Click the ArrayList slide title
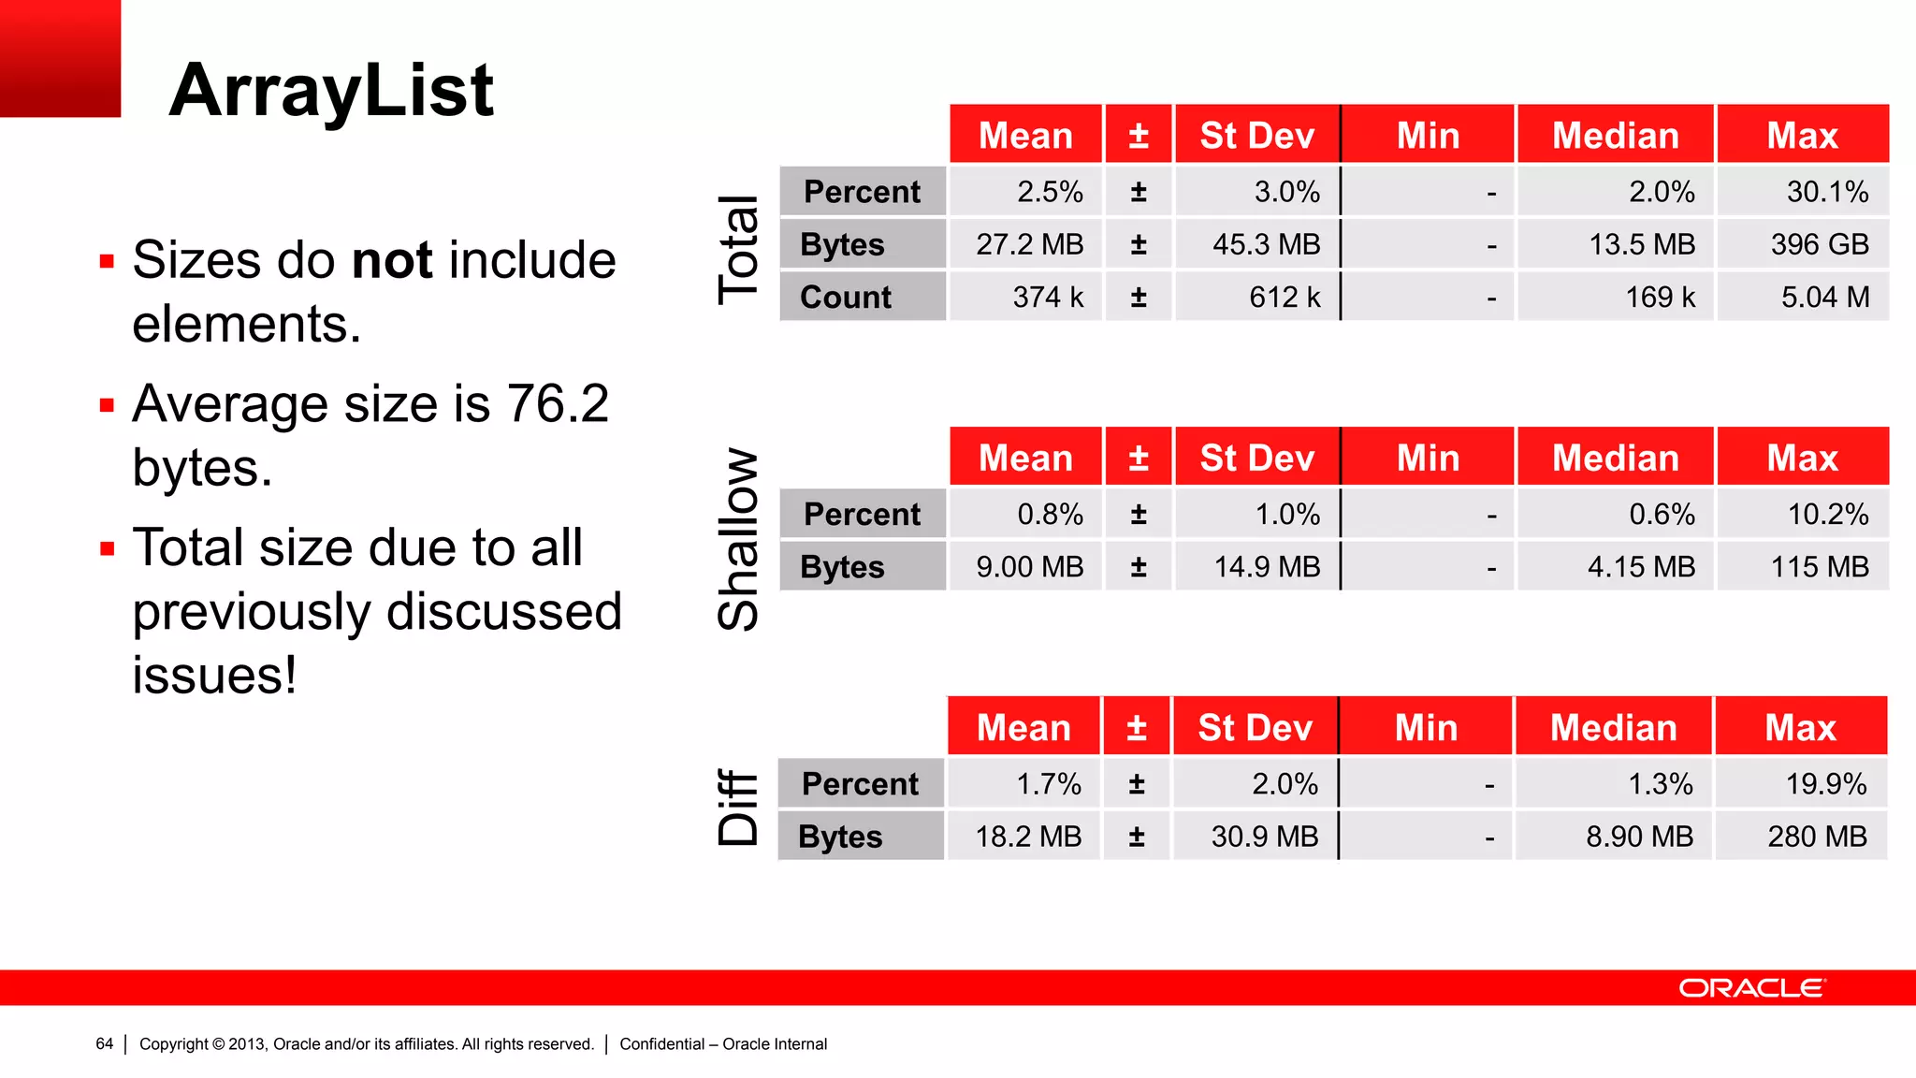(x=331, y=90)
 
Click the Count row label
(x=846, y=297)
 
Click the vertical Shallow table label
(x=738, y=539)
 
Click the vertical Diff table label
(x=738, y=807)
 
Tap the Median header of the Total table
(x=1616, y=136)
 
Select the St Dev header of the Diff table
(x=1256, y=727)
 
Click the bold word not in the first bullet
(x=392, y=259)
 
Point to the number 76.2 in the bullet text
(x=558, y=403)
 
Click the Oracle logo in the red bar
(x=1751, y=988)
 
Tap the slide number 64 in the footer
(x=104, y=1043)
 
